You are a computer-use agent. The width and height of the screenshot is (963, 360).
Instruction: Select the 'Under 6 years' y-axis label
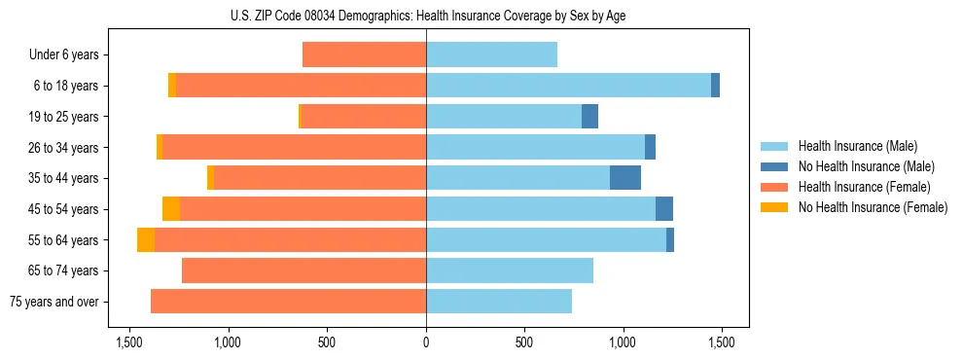click(63, 55)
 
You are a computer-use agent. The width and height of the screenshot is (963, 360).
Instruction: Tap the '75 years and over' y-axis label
click(53, 302)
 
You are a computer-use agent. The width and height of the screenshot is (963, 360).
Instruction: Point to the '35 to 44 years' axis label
click(63, 178)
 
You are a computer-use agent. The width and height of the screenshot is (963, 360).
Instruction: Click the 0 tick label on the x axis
click(426, 342)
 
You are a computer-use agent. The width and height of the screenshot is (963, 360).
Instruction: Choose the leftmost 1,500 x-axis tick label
click(129, 342)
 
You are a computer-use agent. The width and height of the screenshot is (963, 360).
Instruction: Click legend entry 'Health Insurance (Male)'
click(857, 146)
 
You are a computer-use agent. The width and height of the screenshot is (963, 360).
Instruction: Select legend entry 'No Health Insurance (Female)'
click(872, 207)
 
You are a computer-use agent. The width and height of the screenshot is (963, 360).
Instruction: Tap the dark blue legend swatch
click(774, 166)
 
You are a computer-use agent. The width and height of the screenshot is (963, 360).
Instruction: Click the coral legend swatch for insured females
click(774, 187)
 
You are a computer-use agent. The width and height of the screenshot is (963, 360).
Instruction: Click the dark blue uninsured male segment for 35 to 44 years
click(625, 178)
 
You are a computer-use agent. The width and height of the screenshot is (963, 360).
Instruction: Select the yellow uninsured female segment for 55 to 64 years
click(146, 240)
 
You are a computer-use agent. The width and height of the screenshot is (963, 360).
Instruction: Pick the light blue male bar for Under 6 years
click(491, 55)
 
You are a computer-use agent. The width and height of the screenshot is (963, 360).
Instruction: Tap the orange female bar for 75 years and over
click(288, 302)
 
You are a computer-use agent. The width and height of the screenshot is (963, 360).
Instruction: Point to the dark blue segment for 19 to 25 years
click(589, 117)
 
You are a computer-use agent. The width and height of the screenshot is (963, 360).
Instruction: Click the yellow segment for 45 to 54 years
click(171, 209)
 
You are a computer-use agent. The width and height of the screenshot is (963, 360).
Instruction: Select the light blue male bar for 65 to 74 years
click(510, 270)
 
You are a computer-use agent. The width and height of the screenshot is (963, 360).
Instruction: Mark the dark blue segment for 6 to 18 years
click(715, 86)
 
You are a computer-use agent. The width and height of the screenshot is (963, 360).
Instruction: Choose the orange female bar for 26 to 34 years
click(294, 148)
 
